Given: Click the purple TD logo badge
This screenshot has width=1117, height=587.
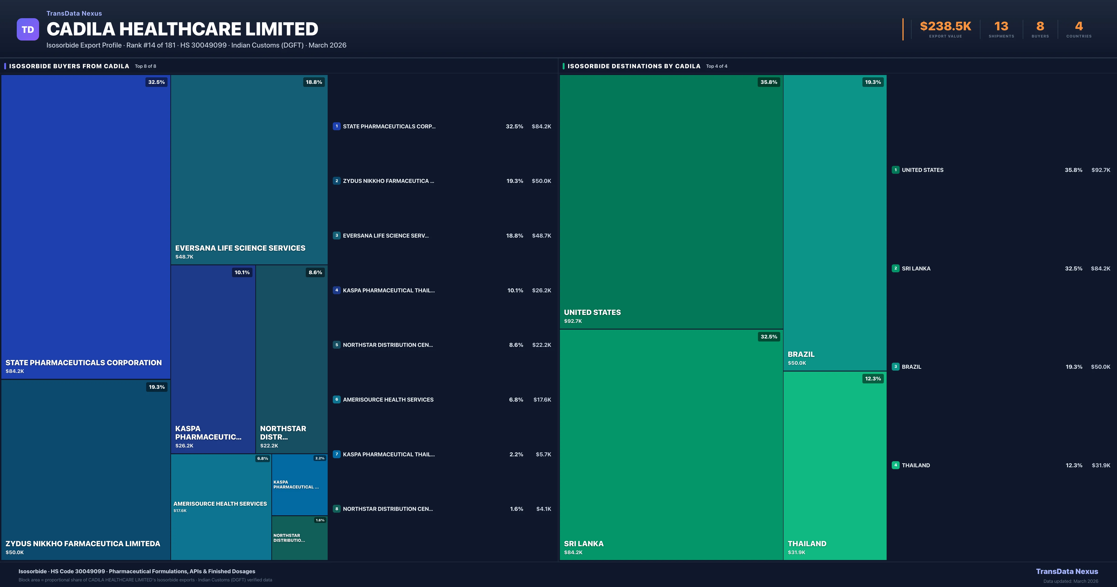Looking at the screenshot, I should [x=28, y=30].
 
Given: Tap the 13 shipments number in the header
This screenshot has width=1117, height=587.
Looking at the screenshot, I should [x=1001, y=27].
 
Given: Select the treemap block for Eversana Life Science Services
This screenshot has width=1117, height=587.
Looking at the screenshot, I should [x=249, y=169].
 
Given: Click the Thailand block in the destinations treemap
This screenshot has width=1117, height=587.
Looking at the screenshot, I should [x=835, y=464].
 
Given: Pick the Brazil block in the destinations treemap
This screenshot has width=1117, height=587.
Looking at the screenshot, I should [x=835, y=222].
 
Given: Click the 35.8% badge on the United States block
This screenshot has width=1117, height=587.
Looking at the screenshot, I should [x=768, y=82].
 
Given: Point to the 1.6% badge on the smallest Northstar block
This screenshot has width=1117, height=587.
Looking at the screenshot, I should [x=320, y=520].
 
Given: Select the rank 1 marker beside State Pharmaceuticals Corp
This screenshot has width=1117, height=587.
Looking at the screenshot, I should [x=336, y=126].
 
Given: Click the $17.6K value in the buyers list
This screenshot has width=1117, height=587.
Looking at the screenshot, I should [x=542, y=399].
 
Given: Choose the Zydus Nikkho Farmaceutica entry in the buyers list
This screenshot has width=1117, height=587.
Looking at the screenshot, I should [x=388, y=181].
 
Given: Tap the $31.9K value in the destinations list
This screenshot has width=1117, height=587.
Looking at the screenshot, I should [x=1100, y=465].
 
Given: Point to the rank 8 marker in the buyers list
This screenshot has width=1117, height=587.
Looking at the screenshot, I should [x=336, y=509].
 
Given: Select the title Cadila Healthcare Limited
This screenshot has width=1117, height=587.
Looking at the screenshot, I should [x=182, y=29].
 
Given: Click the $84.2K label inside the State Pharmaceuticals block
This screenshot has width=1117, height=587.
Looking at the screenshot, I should [x=15, y=371].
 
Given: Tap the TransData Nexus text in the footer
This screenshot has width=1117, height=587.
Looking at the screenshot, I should [x=1067, y=571].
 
